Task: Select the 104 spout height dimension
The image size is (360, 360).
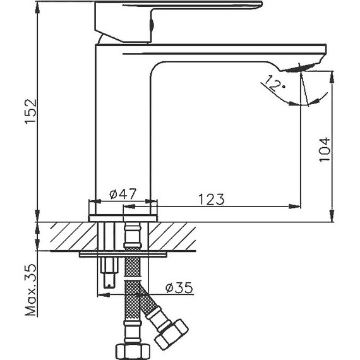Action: (324, 149)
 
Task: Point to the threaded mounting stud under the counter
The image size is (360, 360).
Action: (108, 272)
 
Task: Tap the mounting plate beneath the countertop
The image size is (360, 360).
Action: (124, 255)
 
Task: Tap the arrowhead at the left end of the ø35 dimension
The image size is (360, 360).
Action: (101, 294)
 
